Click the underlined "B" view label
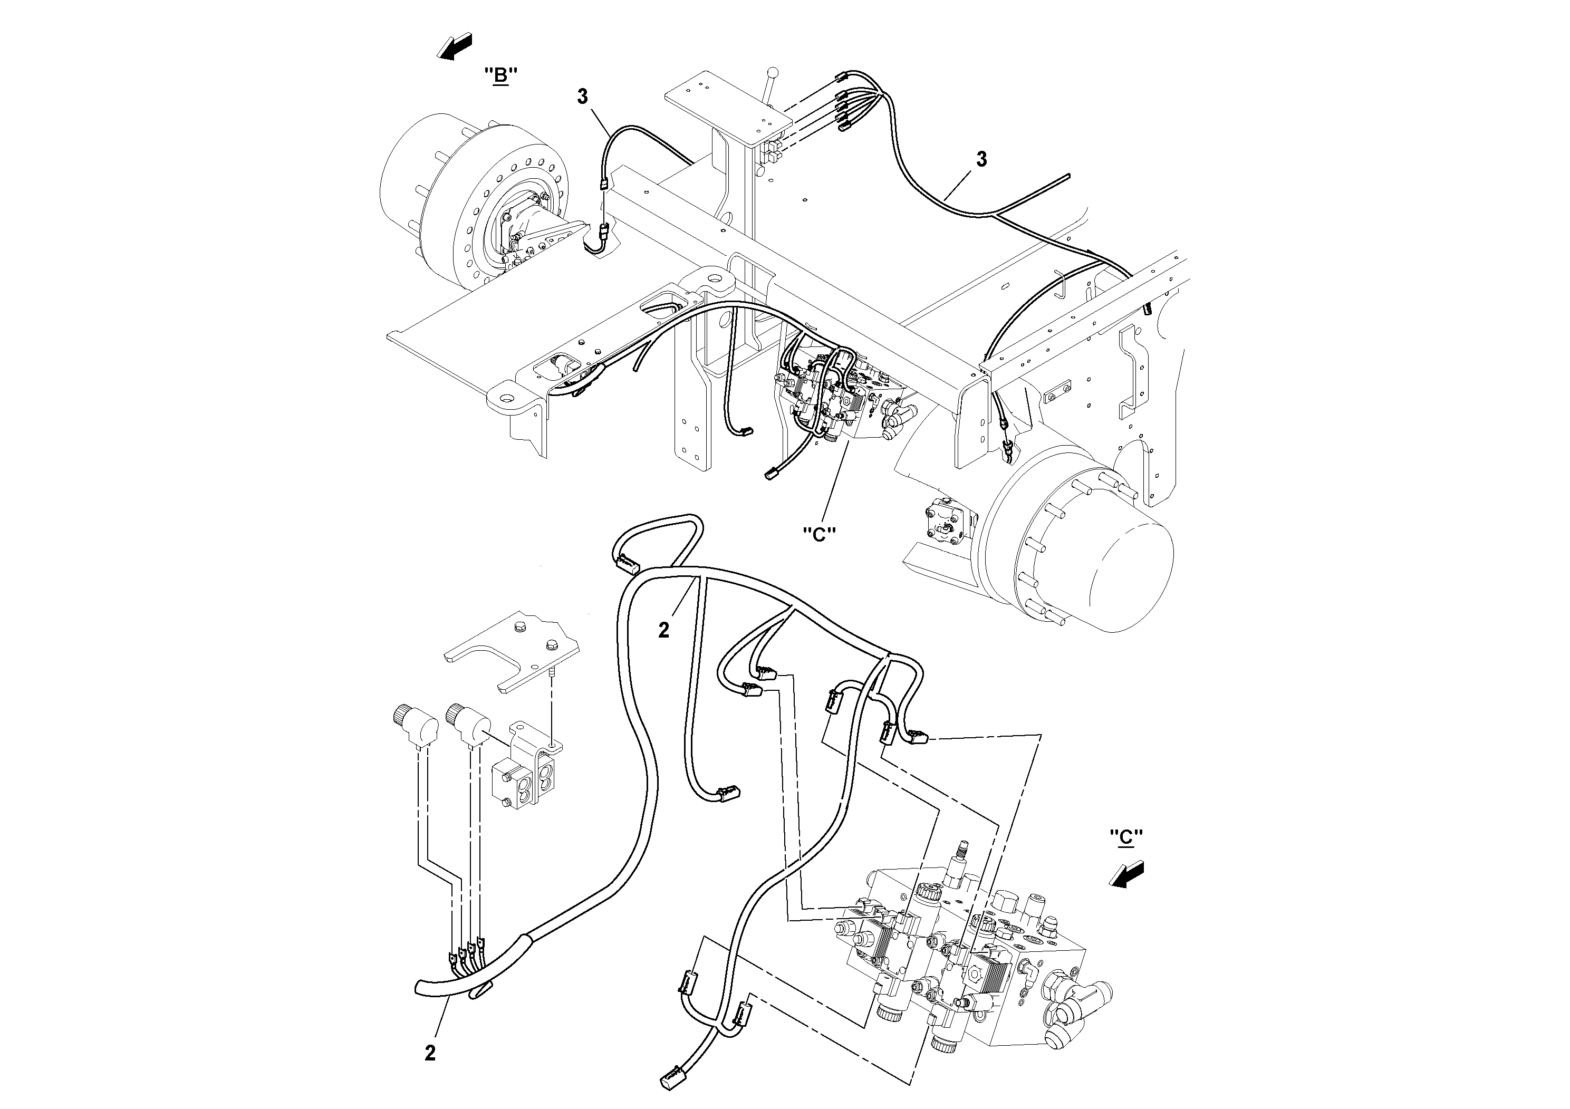click(x=500, y=76)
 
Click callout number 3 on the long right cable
click(x=981, y=160)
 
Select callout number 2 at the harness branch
click(x=663, y=630)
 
